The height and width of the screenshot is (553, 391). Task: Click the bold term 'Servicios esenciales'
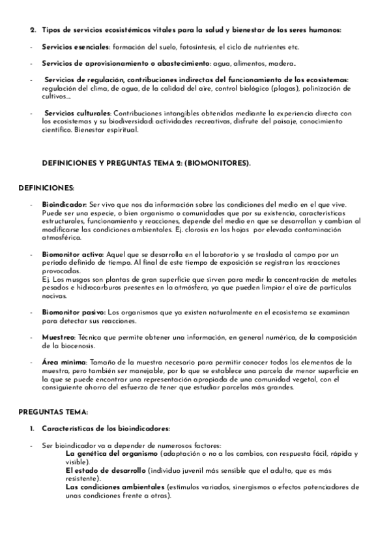(x=76, y=48)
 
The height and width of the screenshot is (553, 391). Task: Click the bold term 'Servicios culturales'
(x=78, y=113)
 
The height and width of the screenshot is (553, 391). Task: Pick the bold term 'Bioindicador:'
(x=64, y=204)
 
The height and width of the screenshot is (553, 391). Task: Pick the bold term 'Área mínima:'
(x=63, y=362)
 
